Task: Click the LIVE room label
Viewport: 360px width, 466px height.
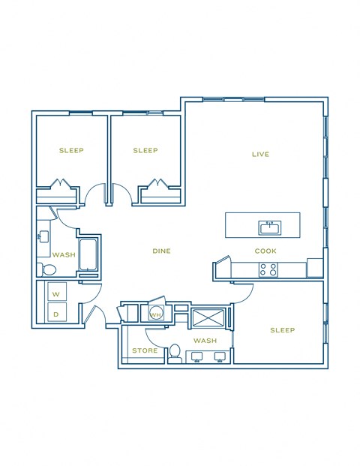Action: pos(260,155)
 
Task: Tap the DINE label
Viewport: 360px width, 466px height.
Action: pos(161,251)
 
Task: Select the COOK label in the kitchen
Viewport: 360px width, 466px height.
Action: pos(266,251)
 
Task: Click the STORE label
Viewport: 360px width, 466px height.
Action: pos(144,350)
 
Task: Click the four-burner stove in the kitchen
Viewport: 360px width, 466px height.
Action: pos(268,269)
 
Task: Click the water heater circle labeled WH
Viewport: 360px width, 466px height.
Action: pos(157,314)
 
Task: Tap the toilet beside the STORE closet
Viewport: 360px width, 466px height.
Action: pos(175,351)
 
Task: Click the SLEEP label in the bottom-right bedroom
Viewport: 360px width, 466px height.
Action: pos(282,330)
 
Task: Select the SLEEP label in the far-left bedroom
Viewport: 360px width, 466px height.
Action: pos(71,150)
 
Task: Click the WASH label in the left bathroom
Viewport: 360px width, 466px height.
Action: pos(64,254)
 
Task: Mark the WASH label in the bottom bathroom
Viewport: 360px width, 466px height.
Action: pos(205,341)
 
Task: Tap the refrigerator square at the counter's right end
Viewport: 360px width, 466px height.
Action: pos(315,268)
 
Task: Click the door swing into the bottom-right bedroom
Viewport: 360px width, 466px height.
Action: pos(241,293)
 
